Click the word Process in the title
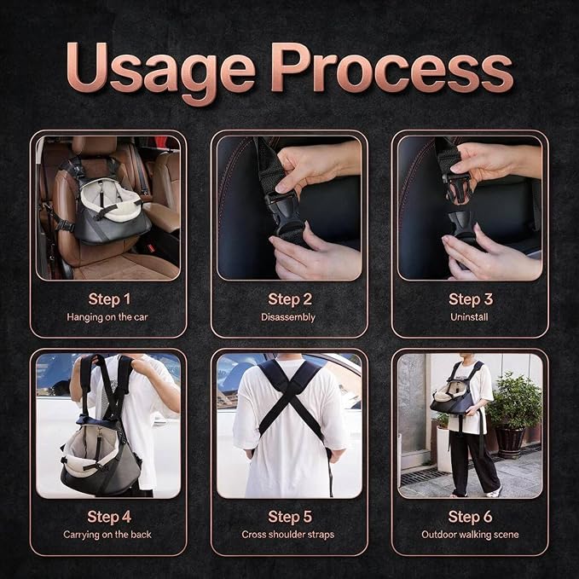tap(391, 68)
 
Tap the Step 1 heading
tap(109, 299)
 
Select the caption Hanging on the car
tap(107, 317)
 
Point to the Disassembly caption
tap(288, 317)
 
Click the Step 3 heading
tap(471, 299)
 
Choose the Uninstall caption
tap(469, 317)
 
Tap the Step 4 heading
tap(109, 517)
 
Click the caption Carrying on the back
tap(107, 535)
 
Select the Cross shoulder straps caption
tap(288, 535)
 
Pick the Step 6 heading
tap(470, 517)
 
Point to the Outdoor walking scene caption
tap(470, 535)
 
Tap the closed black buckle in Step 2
tap(284, 214)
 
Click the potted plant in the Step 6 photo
tap(512, 414)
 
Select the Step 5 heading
tap(290, 517)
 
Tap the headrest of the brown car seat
tap(94, 145)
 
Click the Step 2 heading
tap(290, 299)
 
